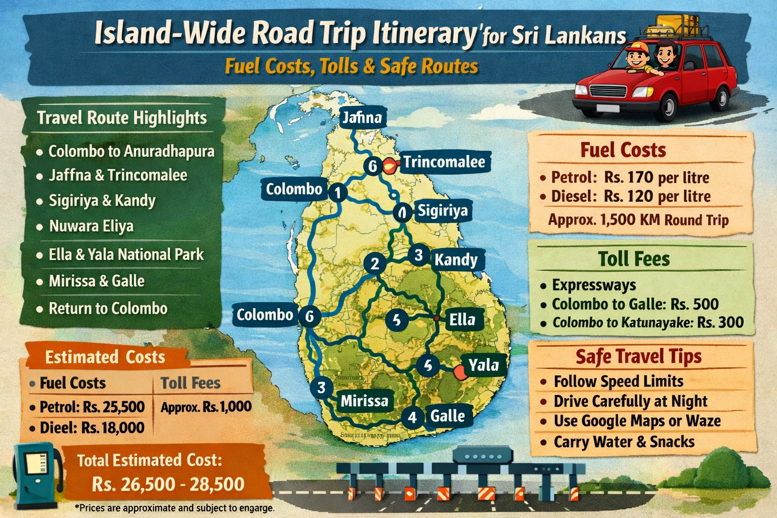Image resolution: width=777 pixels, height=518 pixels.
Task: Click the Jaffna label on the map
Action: [362, 118]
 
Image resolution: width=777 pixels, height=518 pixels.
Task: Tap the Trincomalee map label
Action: [444, 162]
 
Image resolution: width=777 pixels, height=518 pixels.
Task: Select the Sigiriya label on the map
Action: [442, 210]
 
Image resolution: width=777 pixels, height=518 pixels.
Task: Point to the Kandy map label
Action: [456, 260]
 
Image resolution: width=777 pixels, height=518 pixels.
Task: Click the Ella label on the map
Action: [462, 320]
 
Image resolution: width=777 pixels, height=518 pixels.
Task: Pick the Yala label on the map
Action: [483, 365]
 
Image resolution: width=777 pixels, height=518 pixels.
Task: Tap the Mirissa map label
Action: [364, 401]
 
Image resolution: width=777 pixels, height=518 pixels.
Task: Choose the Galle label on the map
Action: [447, 416]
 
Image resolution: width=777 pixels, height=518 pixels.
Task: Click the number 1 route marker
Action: [337, 192]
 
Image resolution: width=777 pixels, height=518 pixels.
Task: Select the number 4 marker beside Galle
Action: [412, 417]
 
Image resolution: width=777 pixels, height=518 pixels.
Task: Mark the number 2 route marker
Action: [375, 264]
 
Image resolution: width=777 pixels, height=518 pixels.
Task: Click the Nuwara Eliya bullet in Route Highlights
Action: [91, 226]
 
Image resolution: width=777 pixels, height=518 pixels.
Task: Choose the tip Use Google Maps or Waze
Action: [637, 421]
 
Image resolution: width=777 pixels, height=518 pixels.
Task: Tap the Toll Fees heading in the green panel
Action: [634, 259]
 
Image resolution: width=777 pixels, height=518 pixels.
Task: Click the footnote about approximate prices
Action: [175, 508]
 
